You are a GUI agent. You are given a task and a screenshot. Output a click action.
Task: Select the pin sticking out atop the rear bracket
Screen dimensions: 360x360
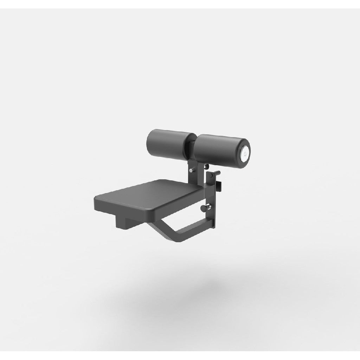coord(217,172)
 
